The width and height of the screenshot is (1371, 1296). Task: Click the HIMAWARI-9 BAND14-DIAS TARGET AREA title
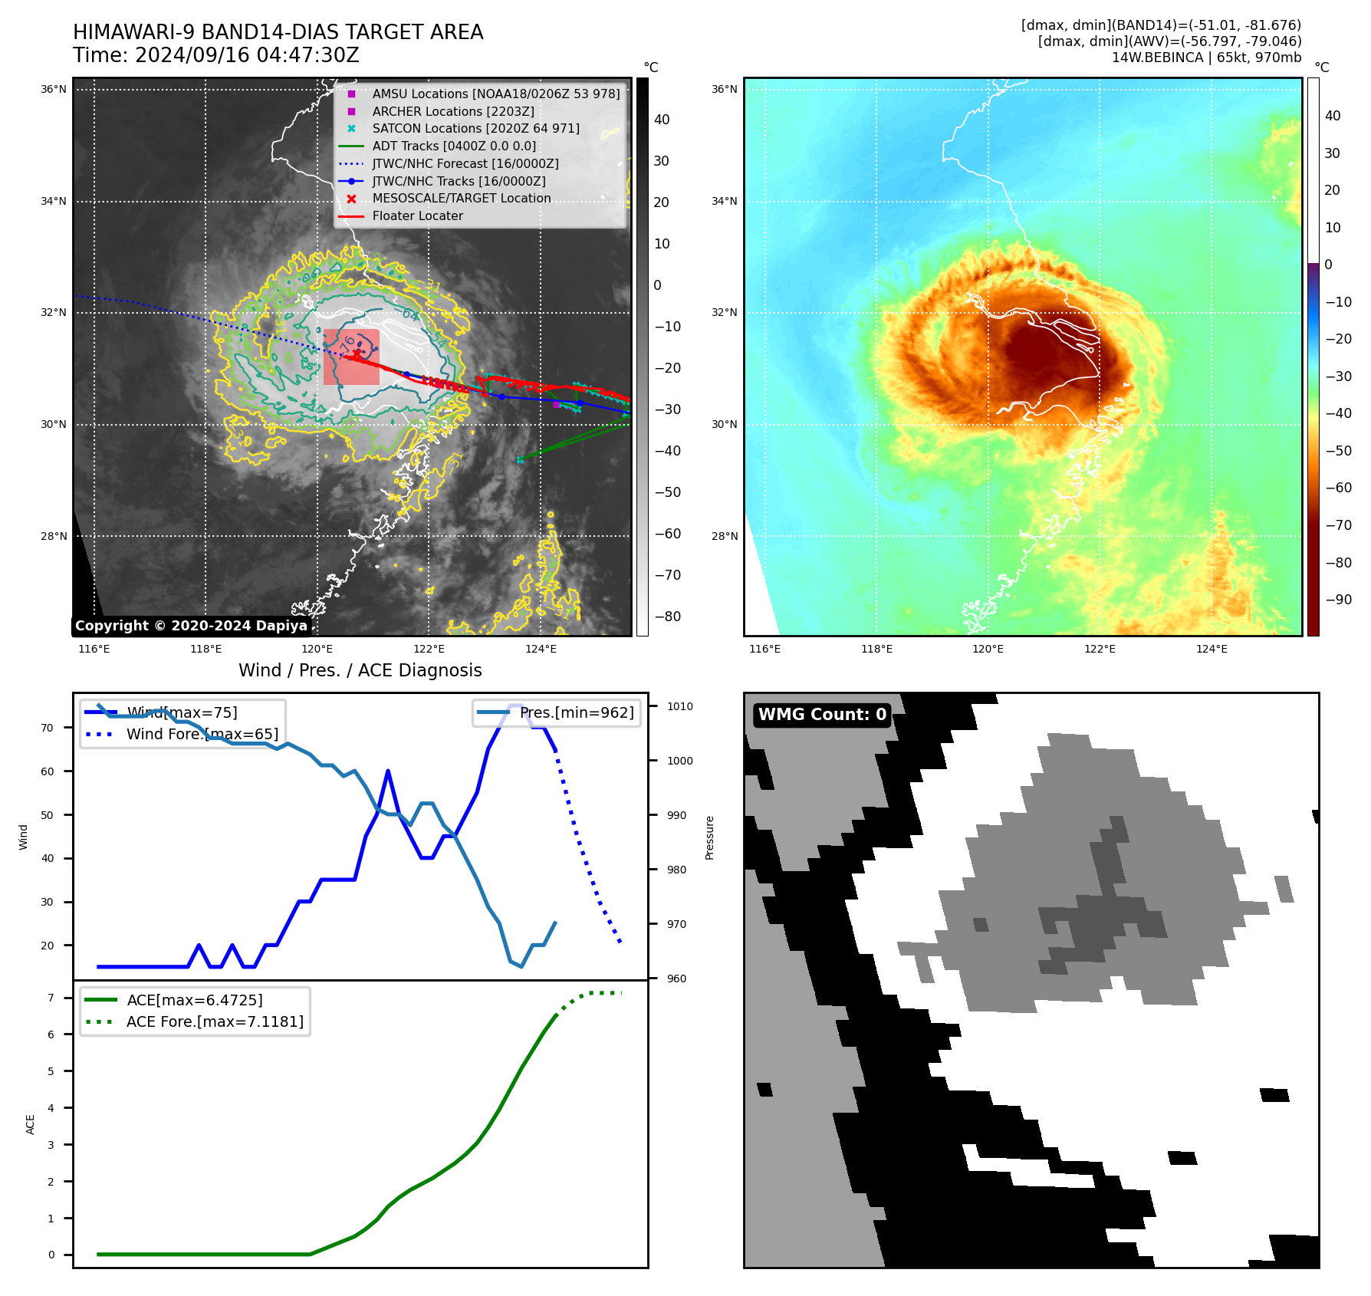coord(278,32)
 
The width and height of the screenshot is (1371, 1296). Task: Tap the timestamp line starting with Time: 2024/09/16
coord(215,55)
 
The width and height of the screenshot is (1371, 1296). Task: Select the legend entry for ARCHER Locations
coord(452,111)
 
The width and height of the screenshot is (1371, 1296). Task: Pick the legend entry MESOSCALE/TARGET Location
coord(461,199)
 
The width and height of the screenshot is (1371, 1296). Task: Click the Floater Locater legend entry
coord(417,216)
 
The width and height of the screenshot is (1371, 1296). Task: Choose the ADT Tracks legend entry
coord(454,146)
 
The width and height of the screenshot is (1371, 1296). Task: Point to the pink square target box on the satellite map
coord(351,357)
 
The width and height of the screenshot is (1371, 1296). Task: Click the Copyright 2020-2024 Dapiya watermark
coord(191,626)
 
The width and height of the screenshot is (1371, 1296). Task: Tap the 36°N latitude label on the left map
coord(54,90)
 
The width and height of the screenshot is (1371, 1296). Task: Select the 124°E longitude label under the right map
coord(1212,650)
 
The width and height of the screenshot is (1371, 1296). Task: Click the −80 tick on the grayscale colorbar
coord(667,617)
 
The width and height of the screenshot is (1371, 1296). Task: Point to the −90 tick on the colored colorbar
coord(1338,600)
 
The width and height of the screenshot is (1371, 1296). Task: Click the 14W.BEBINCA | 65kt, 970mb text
coord(1206,58)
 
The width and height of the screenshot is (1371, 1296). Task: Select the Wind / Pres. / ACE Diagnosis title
coord(360,670)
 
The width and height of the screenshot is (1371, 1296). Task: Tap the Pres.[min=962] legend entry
coord(576,713)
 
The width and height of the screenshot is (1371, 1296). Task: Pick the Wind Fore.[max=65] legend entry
coord(202,735)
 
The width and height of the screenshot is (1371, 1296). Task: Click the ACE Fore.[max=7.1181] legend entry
coord(215,1022)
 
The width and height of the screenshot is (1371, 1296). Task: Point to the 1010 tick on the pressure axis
coord(679,706)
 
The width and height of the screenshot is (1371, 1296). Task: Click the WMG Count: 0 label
coord(822,715)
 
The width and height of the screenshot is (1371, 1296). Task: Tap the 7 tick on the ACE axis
coord(51,998)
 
